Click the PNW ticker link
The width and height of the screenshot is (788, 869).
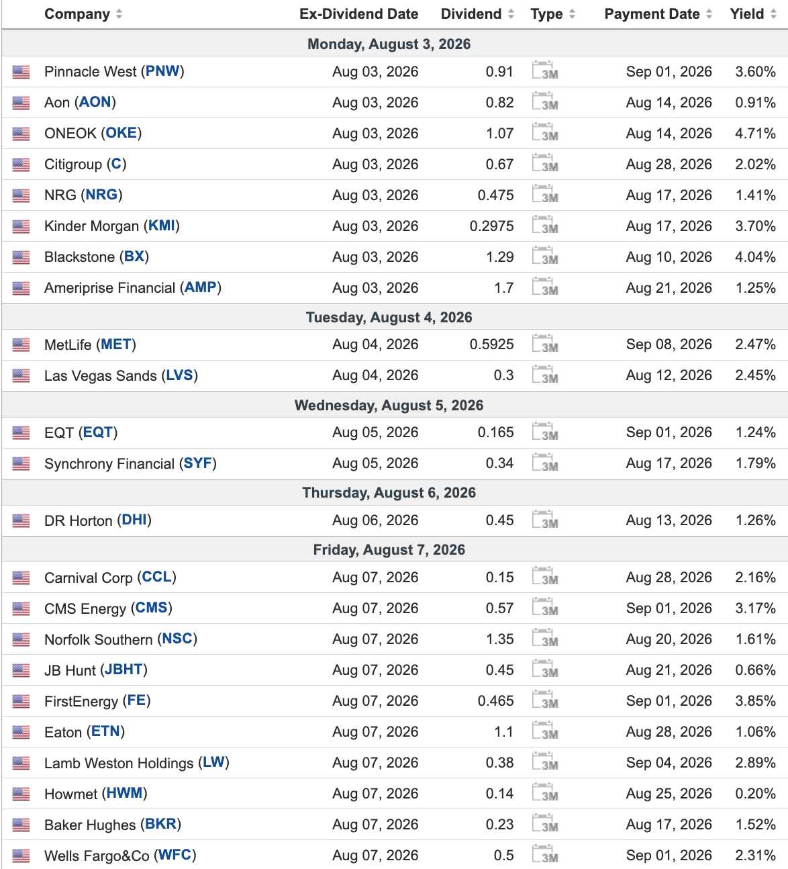pos(162,71)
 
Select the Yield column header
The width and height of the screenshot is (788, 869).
pos(747,14)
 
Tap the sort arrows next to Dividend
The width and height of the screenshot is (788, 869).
pos(511,14)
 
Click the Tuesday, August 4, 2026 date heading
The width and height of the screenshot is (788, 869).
pos(389,318)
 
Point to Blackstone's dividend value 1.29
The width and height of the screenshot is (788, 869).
pos(499,257)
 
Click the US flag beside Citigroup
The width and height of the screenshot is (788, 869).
pos(21,165)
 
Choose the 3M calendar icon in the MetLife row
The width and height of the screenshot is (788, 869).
pos(544,344)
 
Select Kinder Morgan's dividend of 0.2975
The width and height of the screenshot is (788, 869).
pos(491,226)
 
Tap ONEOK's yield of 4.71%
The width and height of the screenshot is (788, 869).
pos(755,134)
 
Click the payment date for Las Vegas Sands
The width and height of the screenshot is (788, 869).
pos(669,375)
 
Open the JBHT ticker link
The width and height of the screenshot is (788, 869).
pos(124,670)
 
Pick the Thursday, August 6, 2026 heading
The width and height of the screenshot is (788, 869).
pos(389,492)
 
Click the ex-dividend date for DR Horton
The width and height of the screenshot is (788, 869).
pos(375,520)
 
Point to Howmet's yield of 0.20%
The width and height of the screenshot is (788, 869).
pos(755,793)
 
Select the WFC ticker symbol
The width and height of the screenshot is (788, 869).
pos(175,855)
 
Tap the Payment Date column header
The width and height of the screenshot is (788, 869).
pos(652,14)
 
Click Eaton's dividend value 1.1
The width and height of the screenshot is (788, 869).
pos(504,732)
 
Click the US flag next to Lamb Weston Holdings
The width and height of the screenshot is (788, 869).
pos(21,763)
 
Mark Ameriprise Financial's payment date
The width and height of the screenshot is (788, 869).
pos(669,287)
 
